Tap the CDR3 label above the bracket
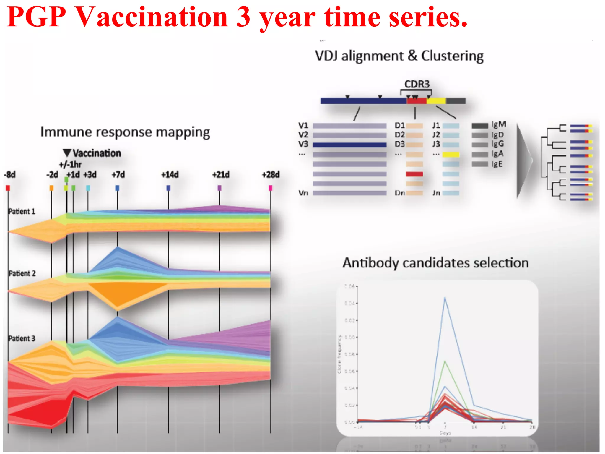417,84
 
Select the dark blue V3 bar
349,145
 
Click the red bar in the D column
414,174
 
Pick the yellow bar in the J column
451,155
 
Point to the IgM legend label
499,124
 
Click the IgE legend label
497,164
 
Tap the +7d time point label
118,175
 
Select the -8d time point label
10,175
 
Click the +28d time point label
271,175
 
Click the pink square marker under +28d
270,188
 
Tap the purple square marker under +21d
219,188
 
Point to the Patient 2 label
22,273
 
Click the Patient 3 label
22,338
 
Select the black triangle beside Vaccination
67,153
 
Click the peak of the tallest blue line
445,298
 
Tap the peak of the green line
445,361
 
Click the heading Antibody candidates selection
435,263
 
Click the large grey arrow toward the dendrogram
524,161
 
